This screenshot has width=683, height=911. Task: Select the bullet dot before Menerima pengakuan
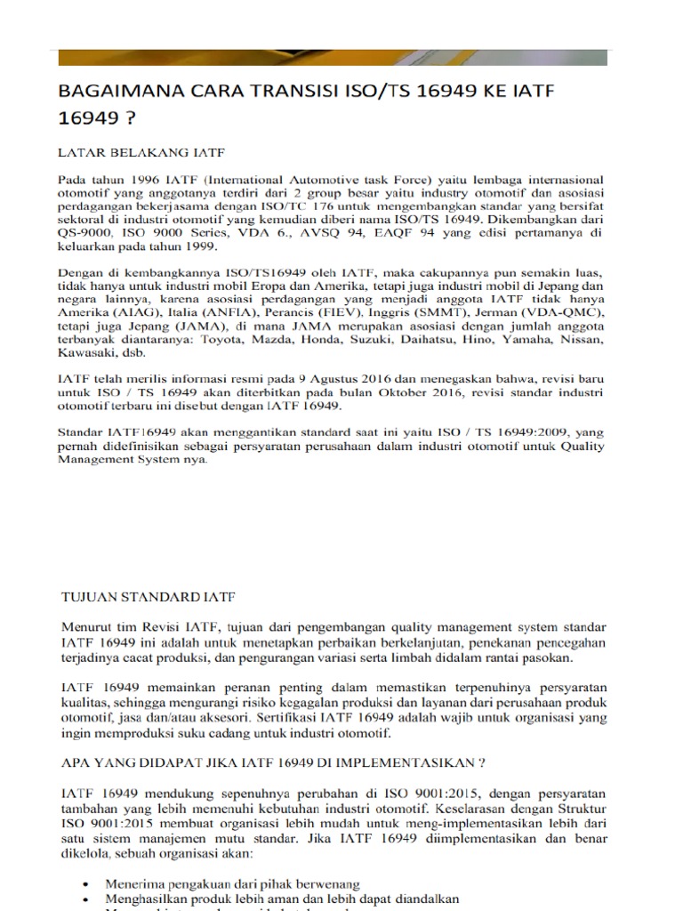tap(84, 885)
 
